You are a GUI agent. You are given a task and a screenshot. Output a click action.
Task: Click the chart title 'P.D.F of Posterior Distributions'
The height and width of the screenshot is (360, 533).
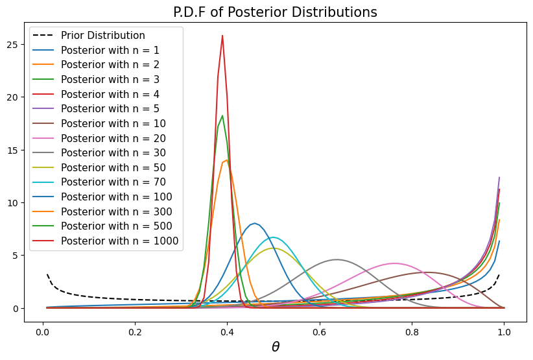pos(276,12)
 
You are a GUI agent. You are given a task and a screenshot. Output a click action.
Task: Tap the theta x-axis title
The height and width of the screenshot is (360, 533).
pos(276,347)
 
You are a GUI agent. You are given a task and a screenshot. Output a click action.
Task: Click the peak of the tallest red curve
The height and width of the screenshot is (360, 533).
pos(222,36)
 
